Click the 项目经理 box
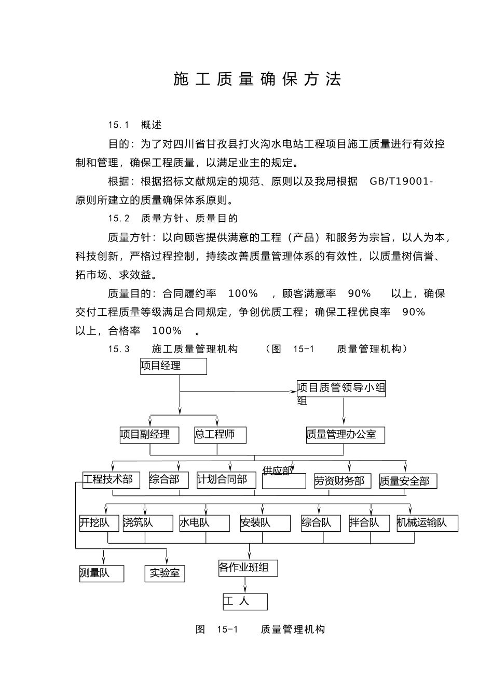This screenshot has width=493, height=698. point(173,366)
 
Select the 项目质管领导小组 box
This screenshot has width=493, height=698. point(341,389)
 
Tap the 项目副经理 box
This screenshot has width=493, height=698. point(149,435)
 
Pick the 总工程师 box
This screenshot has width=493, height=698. point(220,435)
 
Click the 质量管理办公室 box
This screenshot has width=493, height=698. point(345,435)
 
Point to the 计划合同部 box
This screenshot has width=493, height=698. point(226,480)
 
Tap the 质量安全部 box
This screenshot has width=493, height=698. point(408,481)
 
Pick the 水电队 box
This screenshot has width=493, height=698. point(204,523)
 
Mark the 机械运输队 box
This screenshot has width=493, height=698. point(427,523)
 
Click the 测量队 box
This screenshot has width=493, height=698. point(102,573)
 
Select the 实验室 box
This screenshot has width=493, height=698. point(165,573)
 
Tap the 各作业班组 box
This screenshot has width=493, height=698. point(248,568)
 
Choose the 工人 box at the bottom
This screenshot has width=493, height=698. point(245,601)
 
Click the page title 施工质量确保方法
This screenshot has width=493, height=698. point(257,79)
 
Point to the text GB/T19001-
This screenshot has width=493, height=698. point(401,181)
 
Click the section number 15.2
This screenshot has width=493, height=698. point(119,219)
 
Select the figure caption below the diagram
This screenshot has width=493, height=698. point(260,629)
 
